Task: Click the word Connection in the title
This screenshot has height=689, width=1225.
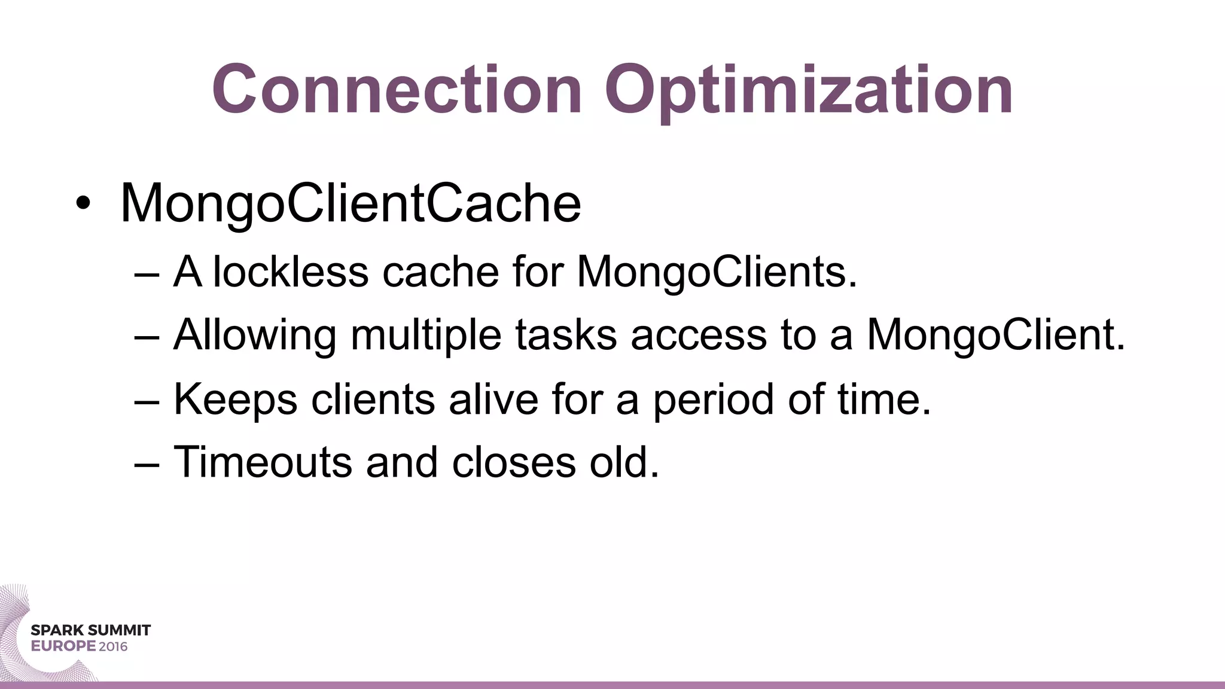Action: [397, 90]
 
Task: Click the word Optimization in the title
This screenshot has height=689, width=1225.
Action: [809, 91]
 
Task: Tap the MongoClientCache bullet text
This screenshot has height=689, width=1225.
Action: [351, 203]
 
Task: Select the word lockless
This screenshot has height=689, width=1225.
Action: [291, 272]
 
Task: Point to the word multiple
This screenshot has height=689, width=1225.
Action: [426, 336]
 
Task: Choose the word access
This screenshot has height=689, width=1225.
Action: [699, 336]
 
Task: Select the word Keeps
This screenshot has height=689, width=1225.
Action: [235, 400]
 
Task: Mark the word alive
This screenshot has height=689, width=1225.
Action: [493, 399]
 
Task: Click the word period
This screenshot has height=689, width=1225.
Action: [713, 400]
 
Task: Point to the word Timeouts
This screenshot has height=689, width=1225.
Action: [263, 462]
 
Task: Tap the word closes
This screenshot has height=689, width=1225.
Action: [514, 462]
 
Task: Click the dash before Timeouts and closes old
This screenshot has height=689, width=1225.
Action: [147, 464]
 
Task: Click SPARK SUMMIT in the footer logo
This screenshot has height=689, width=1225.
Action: [90, 630]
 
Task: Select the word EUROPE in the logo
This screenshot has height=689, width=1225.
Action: [63, 647]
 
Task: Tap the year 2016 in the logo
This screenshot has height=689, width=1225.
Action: [113, 647]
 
